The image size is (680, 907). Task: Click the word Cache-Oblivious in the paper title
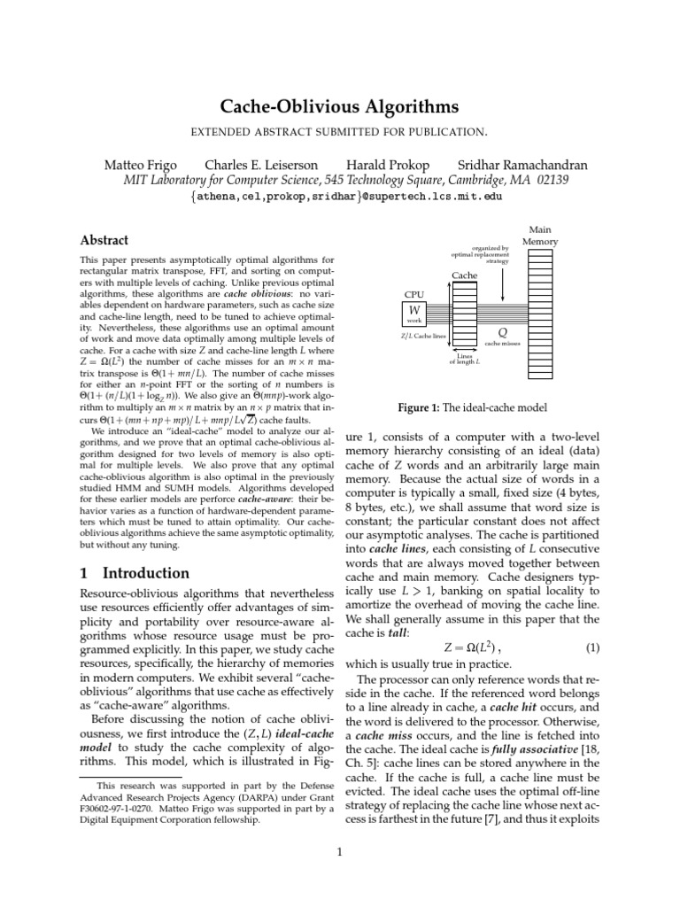pyautogui.click(x=284, y=108)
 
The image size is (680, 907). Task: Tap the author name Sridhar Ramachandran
pyautogui.click(x=522, y=166)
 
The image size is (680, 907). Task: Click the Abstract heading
pyautogui.click(x=104, y=240)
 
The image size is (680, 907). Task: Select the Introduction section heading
pyautogui.click(x=135, y=573)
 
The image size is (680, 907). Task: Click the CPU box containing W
pyautogui.click(x=413, y=311)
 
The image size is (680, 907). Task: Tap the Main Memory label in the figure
pyautogui.click(x=539, y=236)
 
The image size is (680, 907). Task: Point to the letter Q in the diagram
pyautogui.click(x=502, y=330)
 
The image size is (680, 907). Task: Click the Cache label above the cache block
pyautogui.click(x=465, y=275)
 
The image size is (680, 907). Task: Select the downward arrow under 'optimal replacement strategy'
pyautogui.click(x=503, y=283)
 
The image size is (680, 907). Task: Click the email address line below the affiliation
pyautogui.click(x=345, y=196)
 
